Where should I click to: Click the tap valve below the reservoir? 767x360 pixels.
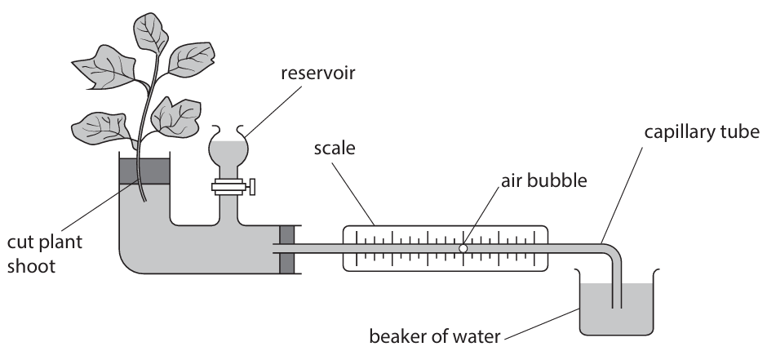(233, 186)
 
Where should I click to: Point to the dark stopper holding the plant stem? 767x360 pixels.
(144, 171)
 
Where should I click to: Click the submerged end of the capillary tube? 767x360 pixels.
(617, 298)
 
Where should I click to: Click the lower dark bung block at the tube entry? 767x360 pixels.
(286, 263)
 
